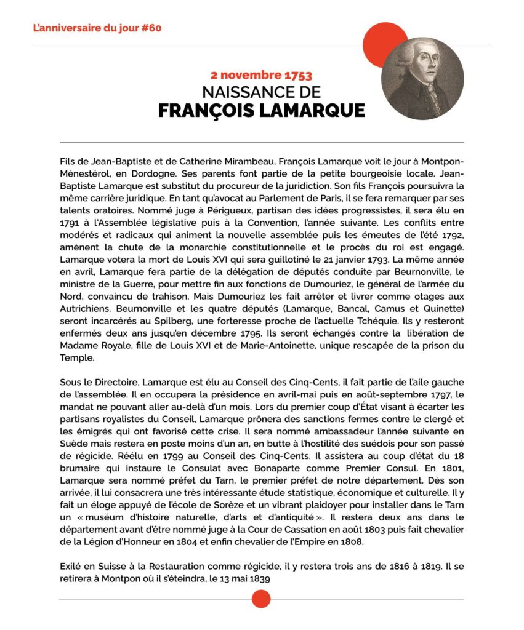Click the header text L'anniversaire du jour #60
[97, 28]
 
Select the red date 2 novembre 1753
[261, 76]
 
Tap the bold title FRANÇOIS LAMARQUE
[261, 111]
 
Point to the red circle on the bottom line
[261, 599]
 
